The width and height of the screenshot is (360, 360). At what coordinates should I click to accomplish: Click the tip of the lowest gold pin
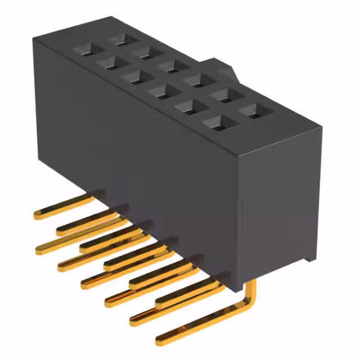point(159,340)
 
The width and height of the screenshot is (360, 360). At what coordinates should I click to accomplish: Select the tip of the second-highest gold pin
point(60,230)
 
